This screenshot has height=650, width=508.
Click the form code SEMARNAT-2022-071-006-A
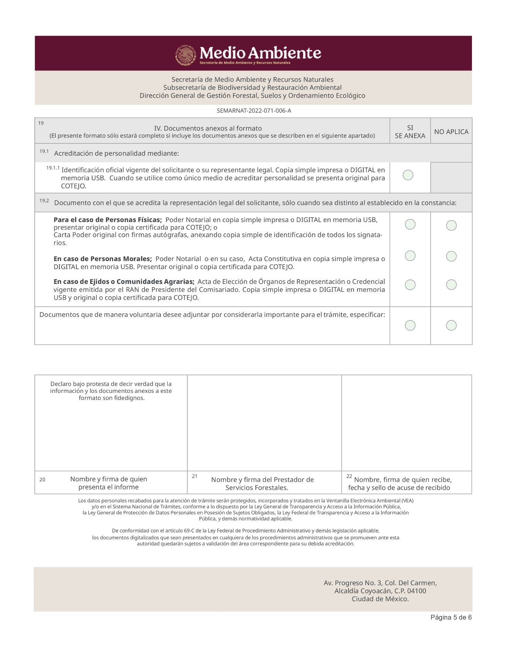(254, 111)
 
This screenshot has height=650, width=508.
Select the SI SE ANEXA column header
(410, 132)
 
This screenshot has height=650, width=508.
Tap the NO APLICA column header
(451, 132)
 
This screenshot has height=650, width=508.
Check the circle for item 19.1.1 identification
(408, 175)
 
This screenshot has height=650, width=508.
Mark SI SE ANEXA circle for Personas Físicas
(410, 224)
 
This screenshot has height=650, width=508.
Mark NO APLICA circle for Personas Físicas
(451, 225)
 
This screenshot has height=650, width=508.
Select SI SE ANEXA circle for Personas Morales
(410, 256)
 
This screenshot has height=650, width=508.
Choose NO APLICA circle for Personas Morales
(451, 256)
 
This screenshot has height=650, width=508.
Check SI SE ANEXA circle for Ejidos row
(410, 285)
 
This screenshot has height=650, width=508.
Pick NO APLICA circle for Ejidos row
(451, 285)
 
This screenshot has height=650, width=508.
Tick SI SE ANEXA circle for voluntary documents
(410, 325)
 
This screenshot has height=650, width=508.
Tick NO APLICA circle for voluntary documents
(451, 325)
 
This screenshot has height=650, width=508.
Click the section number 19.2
(44, 201)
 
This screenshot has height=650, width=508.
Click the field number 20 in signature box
(42, 480)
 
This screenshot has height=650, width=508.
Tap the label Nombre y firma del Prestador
(262, 480)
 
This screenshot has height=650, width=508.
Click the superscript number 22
(349, 476)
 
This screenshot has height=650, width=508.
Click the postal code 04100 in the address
(416, 591)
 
